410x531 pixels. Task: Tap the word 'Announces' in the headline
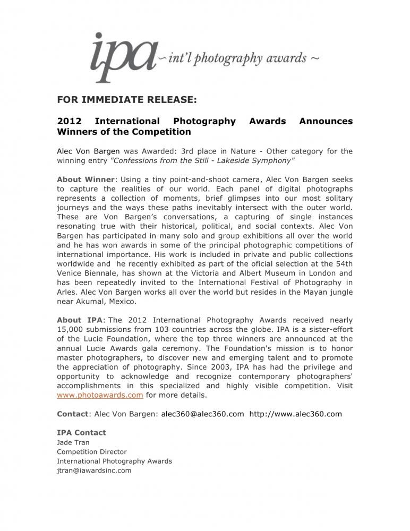[x=326, y=121]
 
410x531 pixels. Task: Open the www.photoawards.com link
[x=100, y=395]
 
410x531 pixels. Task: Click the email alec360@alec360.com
[x=202, y=414]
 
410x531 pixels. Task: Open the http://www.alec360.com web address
[x=295, y=414]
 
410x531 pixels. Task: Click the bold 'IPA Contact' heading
[x=81, y=432]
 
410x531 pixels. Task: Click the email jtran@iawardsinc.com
[x=94, y=470]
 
